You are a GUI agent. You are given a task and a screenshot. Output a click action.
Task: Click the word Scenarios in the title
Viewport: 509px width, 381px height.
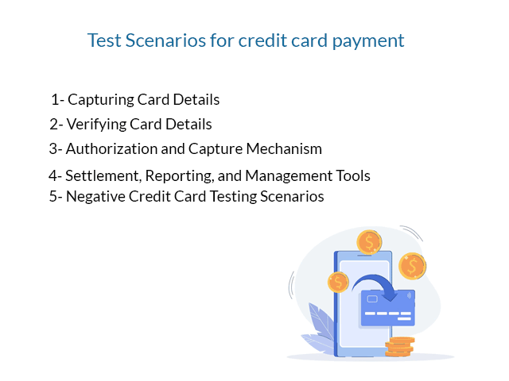click(166, 40)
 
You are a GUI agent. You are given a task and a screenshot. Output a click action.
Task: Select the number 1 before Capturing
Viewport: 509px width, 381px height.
click(55, 99)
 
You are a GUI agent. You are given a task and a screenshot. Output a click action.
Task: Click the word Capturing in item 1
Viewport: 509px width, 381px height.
click(101, 100)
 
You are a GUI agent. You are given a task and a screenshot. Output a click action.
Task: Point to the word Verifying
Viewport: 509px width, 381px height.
click(96, 125)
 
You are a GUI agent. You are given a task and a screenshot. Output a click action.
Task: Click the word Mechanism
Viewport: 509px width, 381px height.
click(284, 149)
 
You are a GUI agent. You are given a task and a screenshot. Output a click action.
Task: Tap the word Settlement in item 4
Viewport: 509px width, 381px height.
click(103, 176)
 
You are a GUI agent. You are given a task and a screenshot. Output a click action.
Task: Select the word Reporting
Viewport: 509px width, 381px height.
click(180, 176)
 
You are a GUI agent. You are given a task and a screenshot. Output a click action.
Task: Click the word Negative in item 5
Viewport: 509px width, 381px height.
click(95, 197)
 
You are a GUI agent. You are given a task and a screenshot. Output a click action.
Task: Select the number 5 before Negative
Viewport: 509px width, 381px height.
click(53, 197)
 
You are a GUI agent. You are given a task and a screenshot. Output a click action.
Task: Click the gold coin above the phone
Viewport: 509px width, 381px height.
click(369, 242)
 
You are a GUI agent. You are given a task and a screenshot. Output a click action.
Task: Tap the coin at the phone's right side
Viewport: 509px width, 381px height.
click(412, 266)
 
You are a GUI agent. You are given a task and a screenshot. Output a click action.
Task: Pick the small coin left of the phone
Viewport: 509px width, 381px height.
click(338, 282)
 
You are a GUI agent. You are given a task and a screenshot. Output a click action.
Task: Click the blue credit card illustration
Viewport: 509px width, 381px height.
click(388, 309)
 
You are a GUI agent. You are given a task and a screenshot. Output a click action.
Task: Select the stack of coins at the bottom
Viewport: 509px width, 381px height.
click(399, 347)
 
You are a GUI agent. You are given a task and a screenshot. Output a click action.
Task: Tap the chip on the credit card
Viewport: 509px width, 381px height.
click(372, 298)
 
